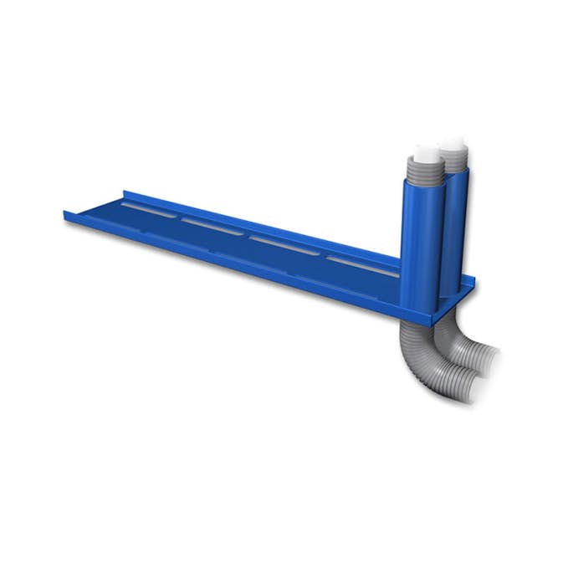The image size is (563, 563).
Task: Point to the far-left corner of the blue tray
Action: [64, 212]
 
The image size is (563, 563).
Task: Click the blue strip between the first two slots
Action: [180, 217]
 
